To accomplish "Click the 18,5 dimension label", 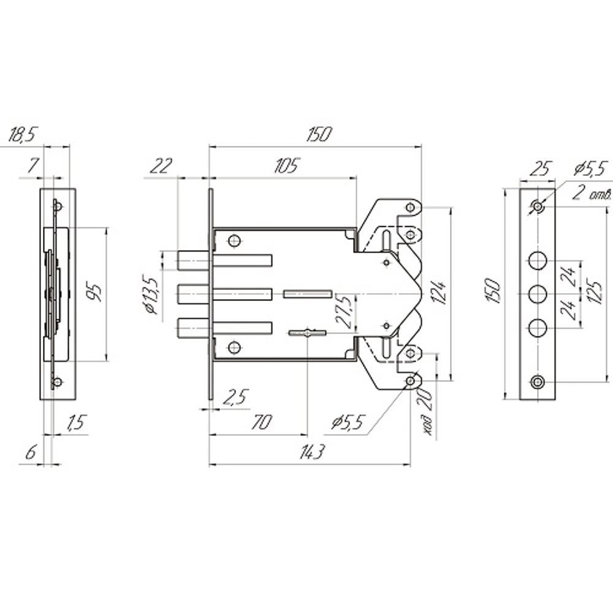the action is [x=22, y=134].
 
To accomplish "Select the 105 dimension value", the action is [x=286, y=166].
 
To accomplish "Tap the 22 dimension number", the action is [x=160, y=166].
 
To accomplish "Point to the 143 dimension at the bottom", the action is [x=312, y=453].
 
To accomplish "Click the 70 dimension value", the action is [x=261, y=422].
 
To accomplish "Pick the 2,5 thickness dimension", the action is [x=235, y=397].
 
